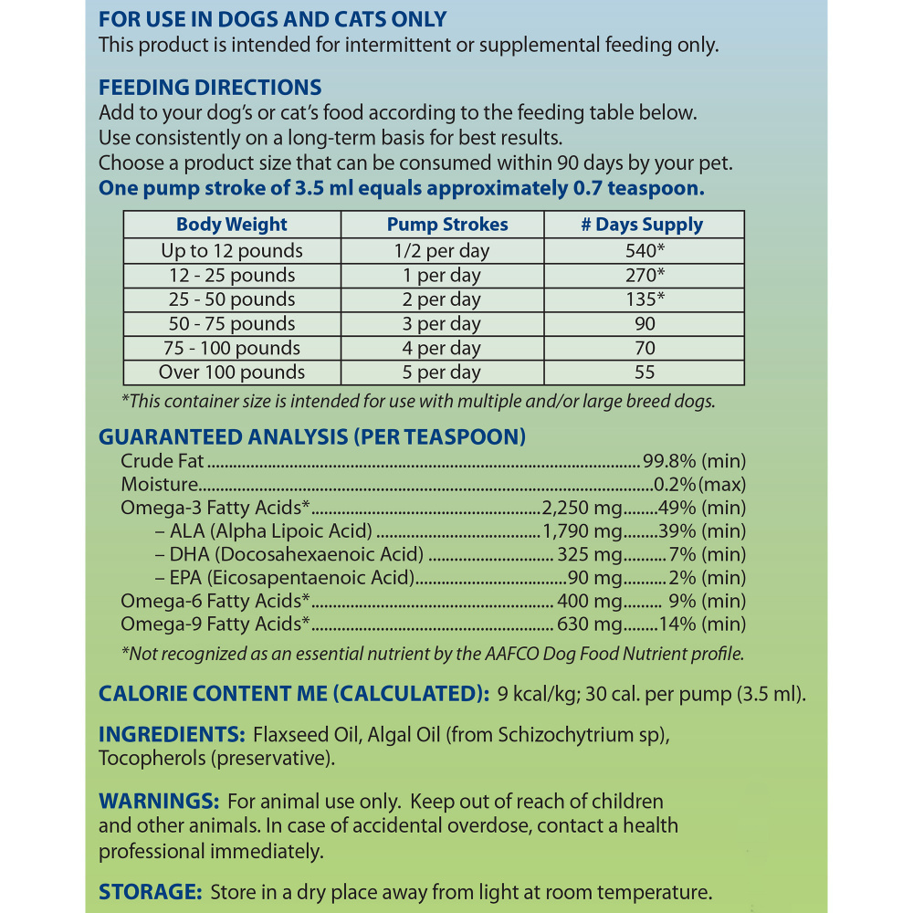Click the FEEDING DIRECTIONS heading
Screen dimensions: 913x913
[210, 88]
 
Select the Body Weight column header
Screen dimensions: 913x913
[232, 225]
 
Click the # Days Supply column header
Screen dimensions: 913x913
[642, 225]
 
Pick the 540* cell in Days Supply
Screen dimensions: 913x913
[644, 250]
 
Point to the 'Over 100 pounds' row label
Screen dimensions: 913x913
[232, 373]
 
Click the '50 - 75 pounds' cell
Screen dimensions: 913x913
[232, 323]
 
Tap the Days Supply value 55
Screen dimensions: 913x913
[644, 373]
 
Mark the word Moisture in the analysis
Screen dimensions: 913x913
[160, 485]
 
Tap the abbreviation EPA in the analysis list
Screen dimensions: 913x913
[186, 578]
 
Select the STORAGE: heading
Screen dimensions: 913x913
[150, 892]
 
